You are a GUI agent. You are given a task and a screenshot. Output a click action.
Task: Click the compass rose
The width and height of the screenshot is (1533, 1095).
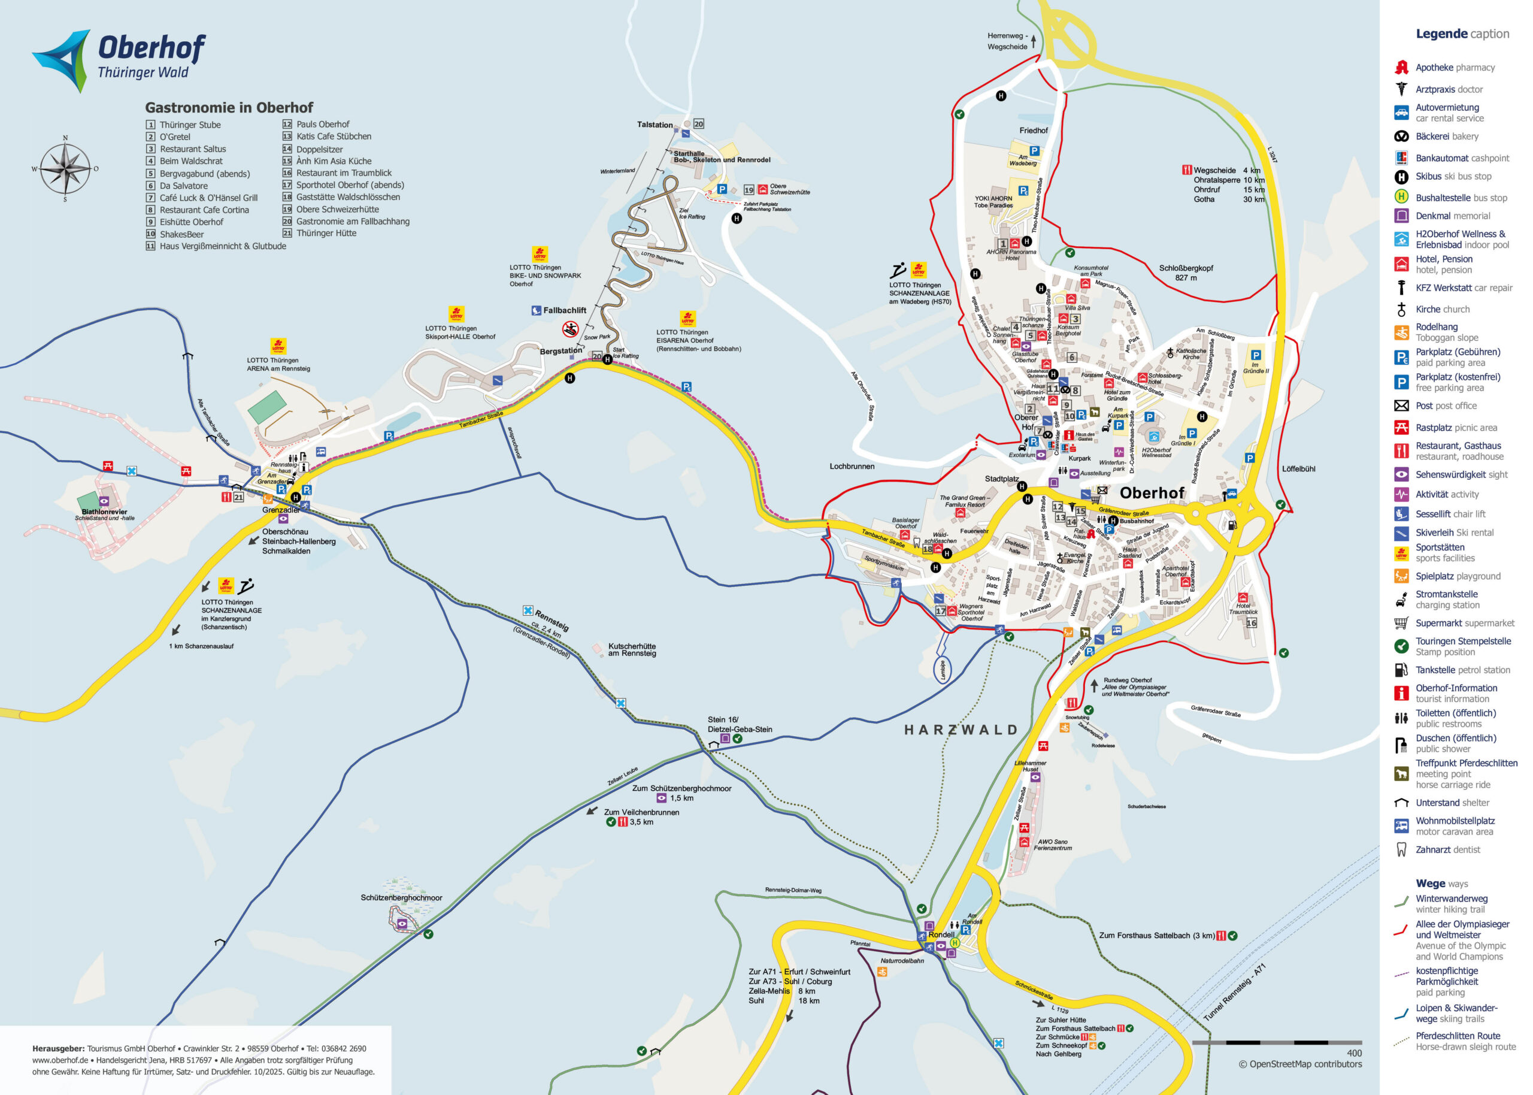click(x=65, y=168)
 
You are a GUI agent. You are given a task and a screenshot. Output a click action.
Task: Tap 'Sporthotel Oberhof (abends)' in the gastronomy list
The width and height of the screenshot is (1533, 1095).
click(x=350, y=184)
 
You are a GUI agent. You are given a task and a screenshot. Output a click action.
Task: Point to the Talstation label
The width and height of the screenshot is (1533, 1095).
click(x=655, y=125)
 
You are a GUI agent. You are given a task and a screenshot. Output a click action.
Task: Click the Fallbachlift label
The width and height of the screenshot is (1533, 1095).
click(x=564, y=310)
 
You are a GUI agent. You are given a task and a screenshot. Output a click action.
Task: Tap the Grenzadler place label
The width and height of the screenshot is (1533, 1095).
click(x=281, y=510)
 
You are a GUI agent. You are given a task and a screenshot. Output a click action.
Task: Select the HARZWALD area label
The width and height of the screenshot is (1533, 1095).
click(x=961, y=730)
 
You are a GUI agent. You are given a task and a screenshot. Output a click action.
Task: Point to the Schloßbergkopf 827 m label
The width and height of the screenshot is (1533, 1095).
click(x=1185, y=273)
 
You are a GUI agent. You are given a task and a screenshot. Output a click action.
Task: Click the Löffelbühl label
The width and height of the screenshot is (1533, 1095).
click(x=1298, y=468)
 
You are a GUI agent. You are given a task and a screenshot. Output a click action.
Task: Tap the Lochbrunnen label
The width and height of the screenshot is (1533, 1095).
click(x=852, y=466)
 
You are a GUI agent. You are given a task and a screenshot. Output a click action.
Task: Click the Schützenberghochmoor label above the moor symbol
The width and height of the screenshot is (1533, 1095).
click(x=401, y=897)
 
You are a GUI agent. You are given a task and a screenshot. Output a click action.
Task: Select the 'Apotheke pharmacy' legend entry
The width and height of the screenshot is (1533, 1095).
click(x=1454, y=68)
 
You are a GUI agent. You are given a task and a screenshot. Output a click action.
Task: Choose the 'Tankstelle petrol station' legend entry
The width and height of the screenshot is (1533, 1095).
click(x=1462, y=670)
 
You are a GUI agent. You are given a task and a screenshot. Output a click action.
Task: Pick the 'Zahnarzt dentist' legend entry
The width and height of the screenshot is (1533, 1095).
click(x=1447, y=849)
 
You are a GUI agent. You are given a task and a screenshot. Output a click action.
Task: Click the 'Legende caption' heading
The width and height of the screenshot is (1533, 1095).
click(x=1462, y=34)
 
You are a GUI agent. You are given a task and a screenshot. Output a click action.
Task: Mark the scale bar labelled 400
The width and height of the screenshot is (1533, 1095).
click(x=1276, y=1042)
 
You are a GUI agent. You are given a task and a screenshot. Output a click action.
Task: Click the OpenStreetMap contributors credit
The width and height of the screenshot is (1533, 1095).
click(x=1299, y=1064)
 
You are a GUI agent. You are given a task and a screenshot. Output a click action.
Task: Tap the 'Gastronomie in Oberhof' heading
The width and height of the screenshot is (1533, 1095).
click(x=229, y=107)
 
